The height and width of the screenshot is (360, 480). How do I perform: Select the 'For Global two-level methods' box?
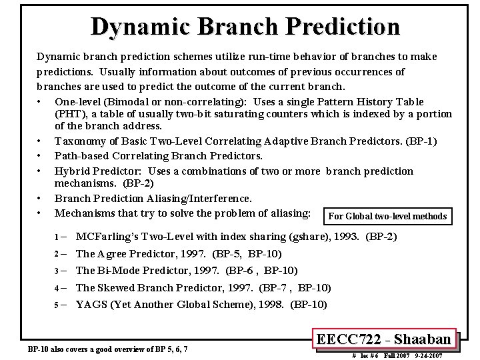click(x=387, y=216)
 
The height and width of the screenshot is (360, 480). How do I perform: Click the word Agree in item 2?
click(x=112, y=254)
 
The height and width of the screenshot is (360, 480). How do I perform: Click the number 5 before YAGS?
click(x=57, y=305)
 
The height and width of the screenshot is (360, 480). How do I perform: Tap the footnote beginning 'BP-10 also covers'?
click(x=107, y=349)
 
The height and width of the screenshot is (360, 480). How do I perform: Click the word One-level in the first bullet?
click(x=79, y=101)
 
